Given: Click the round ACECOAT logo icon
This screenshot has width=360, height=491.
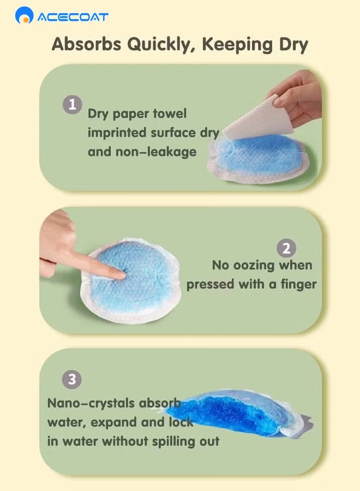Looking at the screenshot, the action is [24, 15].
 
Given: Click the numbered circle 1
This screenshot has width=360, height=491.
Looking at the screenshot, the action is [73, 104].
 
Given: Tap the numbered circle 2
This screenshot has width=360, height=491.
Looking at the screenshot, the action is [286, 249].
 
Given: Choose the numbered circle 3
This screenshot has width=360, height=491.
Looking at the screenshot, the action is [72, 379].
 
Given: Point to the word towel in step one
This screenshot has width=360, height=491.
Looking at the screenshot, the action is [169, 113].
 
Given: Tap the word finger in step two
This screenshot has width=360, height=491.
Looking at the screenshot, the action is [298, 284].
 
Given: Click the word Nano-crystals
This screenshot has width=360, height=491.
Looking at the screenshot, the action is [91, 403].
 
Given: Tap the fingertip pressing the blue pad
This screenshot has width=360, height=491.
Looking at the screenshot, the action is [121, 276].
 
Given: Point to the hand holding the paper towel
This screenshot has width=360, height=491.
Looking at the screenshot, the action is [297, 97].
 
